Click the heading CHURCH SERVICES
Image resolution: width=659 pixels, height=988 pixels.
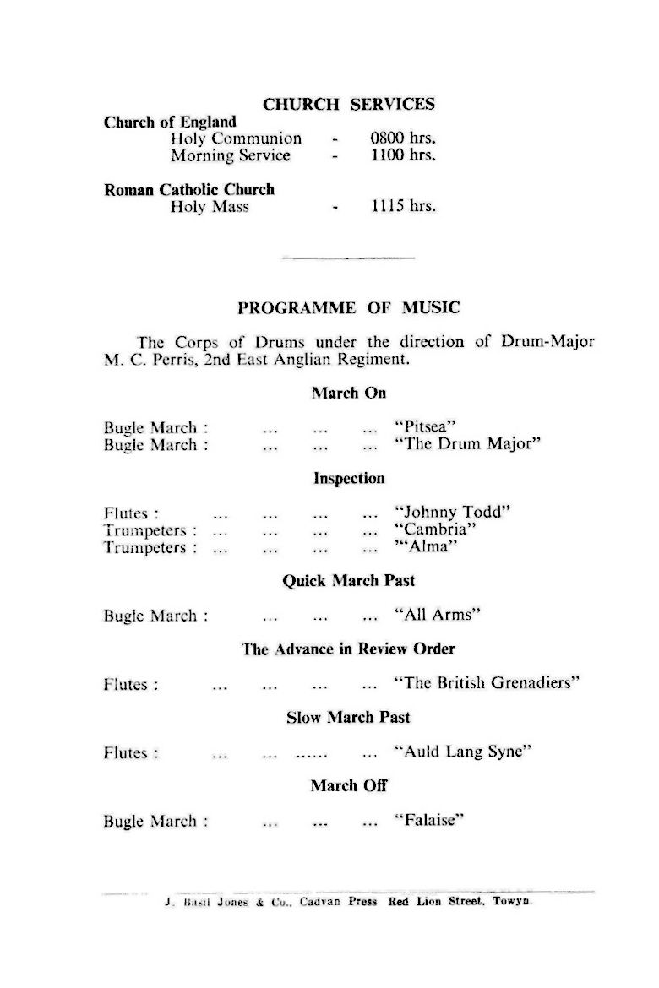[x=349, y=105]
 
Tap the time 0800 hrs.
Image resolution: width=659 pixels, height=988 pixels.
[x=403, y=138]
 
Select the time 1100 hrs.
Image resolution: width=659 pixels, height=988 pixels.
[x=403, y=155]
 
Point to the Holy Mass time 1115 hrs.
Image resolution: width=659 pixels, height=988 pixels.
[x=403, y=207]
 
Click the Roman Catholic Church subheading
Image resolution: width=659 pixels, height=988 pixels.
[x=189, y=190]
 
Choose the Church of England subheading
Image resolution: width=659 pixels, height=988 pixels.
[x=170, y=122]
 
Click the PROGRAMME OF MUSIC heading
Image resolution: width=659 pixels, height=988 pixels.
[x=349, y=308]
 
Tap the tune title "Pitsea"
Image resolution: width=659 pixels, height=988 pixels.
[x=425, y=428]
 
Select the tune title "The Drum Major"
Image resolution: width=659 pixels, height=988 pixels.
[x=467, y=445]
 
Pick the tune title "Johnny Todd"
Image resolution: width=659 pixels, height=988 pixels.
[x=453, y=513]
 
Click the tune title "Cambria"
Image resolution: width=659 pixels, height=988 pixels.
[x=435, y=530]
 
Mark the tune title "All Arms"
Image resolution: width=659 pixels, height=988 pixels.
[x=438, y=616]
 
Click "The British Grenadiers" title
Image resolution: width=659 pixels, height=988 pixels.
[x=487, y=683]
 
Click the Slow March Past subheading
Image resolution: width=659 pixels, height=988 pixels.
[x=348, y=718]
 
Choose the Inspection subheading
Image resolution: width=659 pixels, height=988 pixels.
[x=349, y=479]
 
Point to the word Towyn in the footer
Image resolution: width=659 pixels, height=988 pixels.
[x=510, y=902]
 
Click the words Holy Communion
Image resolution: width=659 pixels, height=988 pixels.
[x=236, y=138]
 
